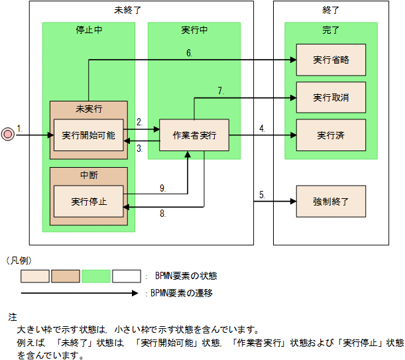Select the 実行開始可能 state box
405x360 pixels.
tap(88, 135)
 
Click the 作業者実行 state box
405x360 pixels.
tap(194, 135)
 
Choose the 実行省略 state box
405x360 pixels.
tap(331, 60)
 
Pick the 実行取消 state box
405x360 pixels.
tap(331, 97)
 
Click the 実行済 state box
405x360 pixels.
tap(331, 135)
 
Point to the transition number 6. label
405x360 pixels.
tap(190, 53)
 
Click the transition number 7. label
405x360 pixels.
tap(221, 91)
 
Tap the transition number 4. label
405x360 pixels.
tap(262, 128)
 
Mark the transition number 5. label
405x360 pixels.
tap(262, 194)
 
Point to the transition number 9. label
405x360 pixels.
tap(162, 188)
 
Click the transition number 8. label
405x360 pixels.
tap(162, 214)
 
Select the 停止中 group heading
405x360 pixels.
tap(88, 30)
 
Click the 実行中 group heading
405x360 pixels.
tap(194, 30)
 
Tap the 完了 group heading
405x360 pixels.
tap(331, 30)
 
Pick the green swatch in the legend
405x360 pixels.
tap(95, 276)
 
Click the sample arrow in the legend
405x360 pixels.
tap(80, 292)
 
